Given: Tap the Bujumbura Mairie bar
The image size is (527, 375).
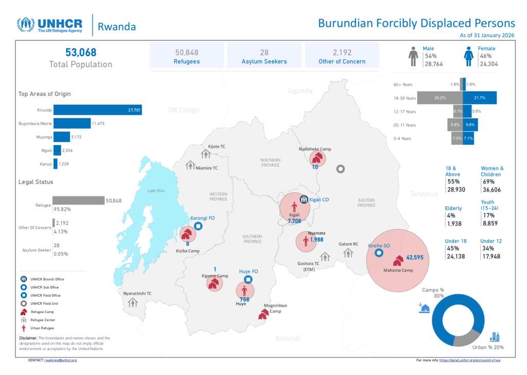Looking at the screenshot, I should point(72,123).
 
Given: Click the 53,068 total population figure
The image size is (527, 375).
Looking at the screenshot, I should point(81,53).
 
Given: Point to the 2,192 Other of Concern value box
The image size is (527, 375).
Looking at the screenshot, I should point(342,56).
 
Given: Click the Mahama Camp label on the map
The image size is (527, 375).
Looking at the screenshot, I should point(398,270).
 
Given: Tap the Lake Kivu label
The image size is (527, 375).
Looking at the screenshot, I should point(156,191).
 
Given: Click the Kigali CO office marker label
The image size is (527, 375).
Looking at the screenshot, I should point(319,199).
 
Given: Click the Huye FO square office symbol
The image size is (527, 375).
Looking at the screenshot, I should point(248,280).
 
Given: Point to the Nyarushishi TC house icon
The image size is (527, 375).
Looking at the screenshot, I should point(133,302).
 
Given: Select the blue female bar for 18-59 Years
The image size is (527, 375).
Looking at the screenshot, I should point(479,98).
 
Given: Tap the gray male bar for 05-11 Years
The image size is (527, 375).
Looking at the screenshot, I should point(454,125).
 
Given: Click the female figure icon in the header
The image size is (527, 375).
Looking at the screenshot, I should point(469,57).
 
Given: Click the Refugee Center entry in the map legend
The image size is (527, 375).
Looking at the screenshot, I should point(42,320).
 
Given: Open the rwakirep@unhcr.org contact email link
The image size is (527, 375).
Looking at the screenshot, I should point(60,360).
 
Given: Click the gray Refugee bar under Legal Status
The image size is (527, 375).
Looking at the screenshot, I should point(78,200).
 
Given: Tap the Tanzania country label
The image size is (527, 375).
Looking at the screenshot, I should point(424,194).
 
